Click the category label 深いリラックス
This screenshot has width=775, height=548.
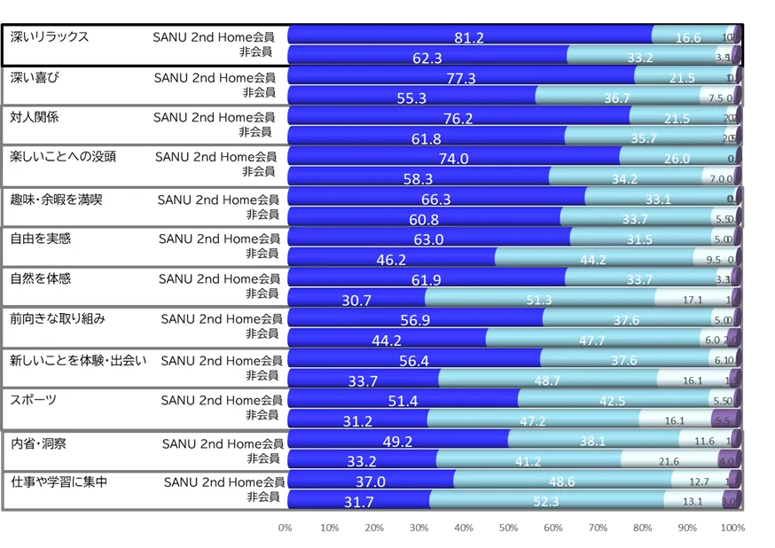click(x=49, y=37)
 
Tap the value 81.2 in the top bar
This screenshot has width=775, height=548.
click(x=468, y=38)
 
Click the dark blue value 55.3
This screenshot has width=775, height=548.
click(x=411, y=98)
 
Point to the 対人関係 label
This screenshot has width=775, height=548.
click(x=35, y=117)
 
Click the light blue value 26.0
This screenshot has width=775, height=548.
click(x=676, y=159)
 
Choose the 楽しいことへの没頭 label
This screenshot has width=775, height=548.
click(x=63, y=157)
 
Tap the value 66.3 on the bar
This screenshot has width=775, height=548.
click(x=435, y=200)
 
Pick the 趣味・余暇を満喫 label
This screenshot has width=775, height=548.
click(x=56, y=199)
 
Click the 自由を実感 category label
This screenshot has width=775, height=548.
click(x=41, y=238)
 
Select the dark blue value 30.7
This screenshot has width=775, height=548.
click(x=356, y=301)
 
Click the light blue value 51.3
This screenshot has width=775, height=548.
click(x=538, y=301)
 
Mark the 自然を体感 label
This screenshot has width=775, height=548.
click(x=41, y=278)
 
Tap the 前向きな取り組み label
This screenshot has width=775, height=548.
click(x=56, y=319)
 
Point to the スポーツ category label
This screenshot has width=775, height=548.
click(x=34, y=400)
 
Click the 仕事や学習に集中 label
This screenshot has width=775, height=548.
click(x=59, y=481)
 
